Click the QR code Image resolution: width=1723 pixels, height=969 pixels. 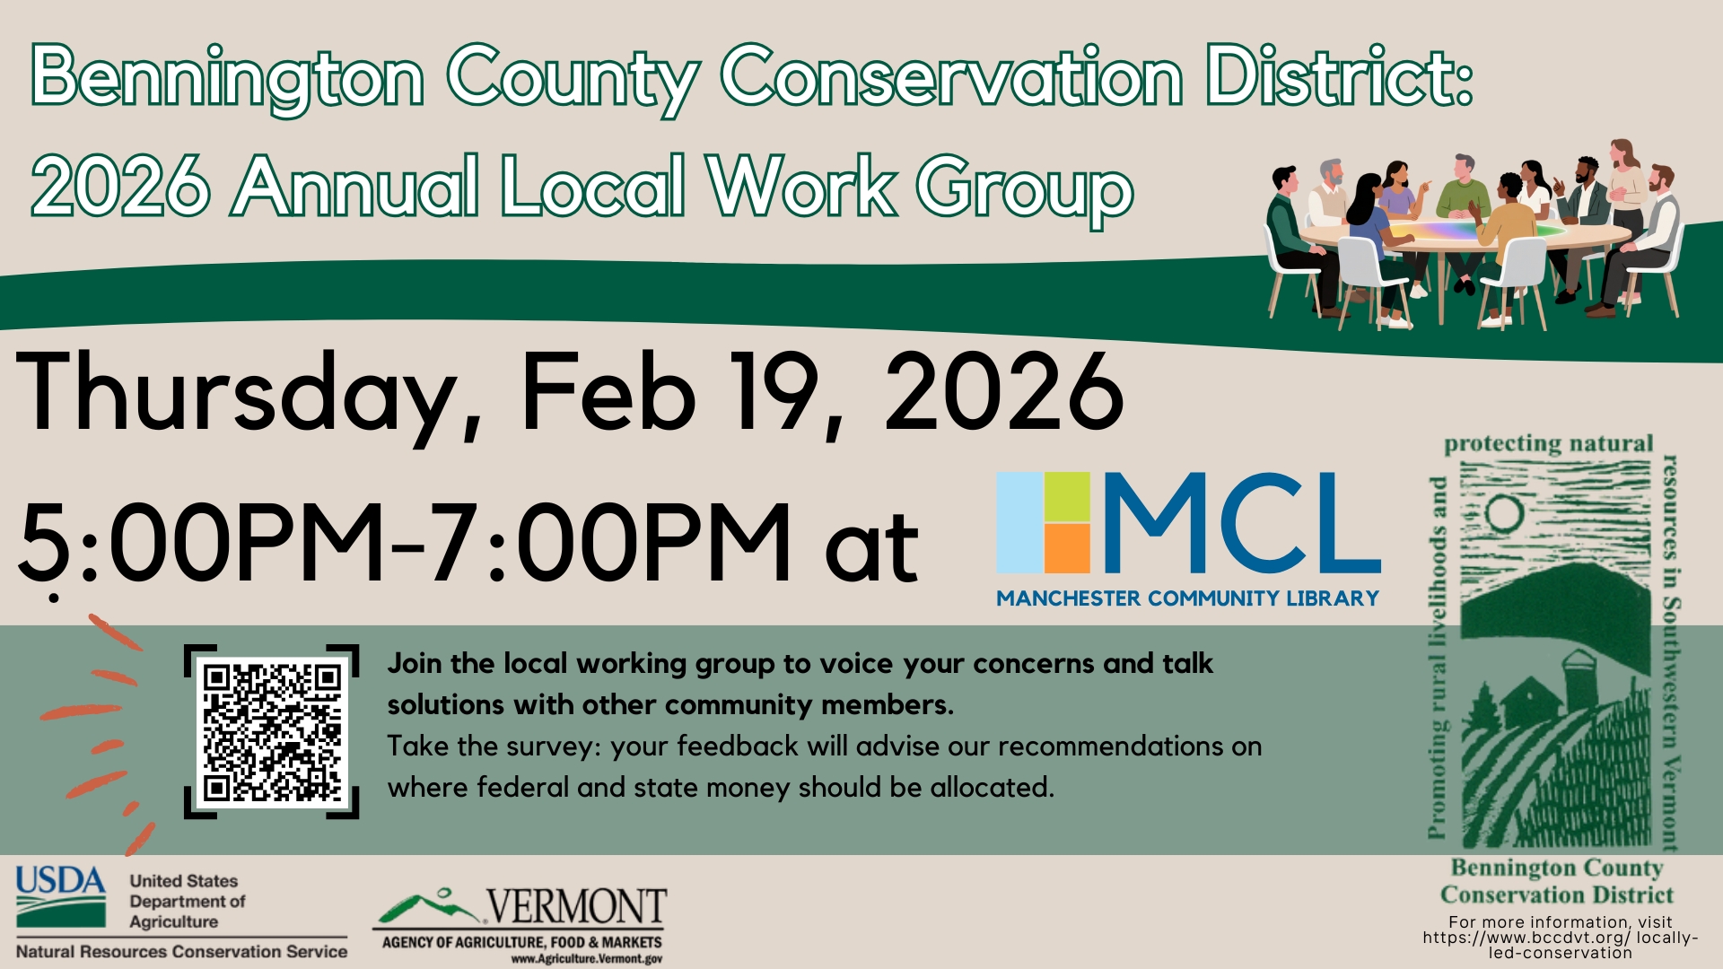tap(271, 731)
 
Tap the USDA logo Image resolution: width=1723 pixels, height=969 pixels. tap(60, 896)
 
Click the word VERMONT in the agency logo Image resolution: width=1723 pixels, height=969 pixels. tap(576, 907)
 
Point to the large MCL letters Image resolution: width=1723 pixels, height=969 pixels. tap(1242, 523)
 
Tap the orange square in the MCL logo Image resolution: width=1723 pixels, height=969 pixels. tap(1067, 548)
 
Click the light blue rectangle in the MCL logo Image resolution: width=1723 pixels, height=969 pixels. tap(1019, 522)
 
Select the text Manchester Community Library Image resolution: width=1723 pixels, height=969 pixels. tap(1187, 598)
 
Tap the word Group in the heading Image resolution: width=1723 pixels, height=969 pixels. tap(1025, 188)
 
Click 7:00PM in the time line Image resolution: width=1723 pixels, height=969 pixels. tap(611, 541)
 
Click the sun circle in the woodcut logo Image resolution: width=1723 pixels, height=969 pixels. tap(1504, 514)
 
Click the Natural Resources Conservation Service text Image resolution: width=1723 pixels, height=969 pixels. tap(181, 951)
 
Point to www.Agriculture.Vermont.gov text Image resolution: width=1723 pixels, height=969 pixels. tap(587, 959)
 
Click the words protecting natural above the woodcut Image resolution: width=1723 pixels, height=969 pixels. tap(1548, 444)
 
